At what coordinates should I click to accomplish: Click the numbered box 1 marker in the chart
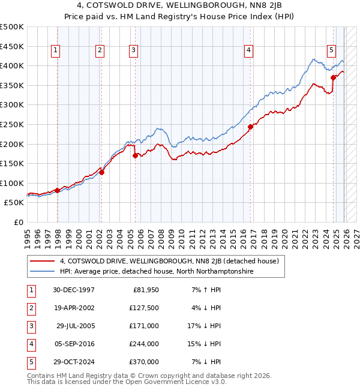tap(55, 51)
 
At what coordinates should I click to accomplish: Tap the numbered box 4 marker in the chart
tap(248, 51)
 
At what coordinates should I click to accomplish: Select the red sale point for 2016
tap(250, 127)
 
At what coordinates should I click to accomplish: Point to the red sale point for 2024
tap(333, 77)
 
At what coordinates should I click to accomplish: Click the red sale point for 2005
tap(135, 155)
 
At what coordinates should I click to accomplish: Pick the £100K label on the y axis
tap(12, 184)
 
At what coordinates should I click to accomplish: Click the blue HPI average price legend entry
tap(156, 272)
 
